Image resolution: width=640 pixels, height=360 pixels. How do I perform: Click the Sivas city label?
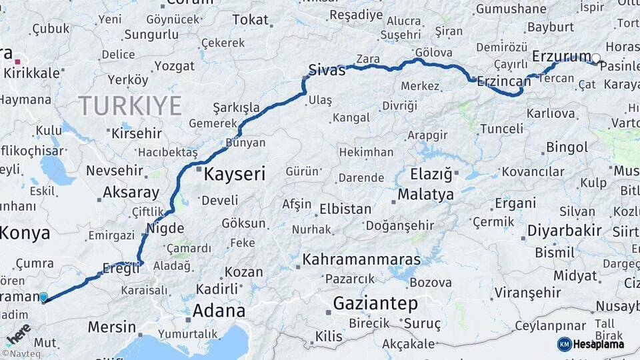tap(327, 70)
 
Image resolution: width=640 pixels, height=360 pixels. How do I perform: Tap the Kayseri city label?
tap(234, 175)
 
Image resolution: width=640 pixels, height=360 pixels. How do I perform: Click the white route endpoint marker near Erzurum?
tap(595, 59)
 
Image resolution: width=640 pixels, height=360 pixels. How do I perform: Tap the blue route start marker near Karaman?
tap(43, 297)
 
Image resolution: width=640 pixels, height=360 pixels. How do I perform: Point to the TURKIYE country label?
tap(130, 106)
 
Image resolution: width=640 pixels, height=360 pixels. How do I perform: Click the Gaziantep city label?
tap(375, 304)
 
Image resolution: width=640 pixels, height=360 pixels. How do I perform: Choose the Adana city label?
tap(219, 311)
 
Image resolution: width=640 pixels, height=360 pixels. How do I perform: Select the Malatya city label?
tap(425, 195)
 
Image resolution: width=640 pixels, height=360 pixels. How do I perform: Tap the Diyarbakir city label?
tap(564, 231)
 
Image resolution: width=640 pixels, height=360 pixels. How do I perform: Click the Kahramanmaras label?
tap(361, 259)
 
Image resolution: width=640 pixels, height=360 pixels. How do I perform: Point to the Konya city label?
tap(25, 233)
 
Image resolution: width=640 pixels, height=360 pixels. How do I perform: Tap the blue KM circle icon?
tap(564, 344)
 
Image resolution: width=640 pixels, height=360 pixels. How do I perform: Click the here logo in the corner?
tap(18, 332)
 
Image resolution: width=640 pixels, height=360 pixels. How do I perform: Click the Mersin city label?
tap(112, 328)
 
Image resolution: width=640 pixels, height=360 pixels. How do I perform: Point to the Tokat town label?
tap(250, 20)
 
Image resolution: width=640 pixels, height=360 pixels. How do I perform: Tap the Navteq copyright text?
tap(21, 354)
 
